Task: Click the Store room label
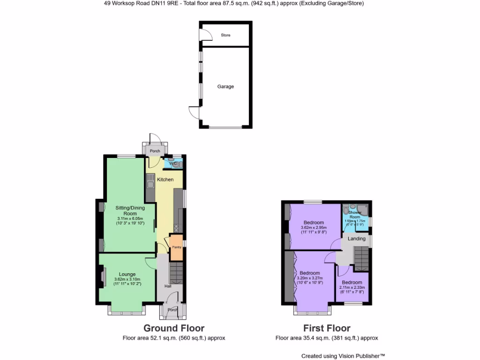225,35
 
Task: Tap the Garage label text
225,87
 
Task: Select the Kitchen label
165,180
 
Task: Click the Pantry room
176,247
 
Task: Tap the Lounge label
127,274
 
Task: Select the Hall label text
167,286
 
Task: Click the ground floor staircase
176,272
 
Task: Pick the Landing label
356,239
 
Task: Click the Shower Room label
355,215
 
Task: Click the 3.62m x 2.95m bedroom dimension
314,228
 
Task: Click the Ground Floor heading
174,328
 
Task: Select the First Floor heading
326,328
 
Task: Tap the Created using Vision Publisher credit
343,356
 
